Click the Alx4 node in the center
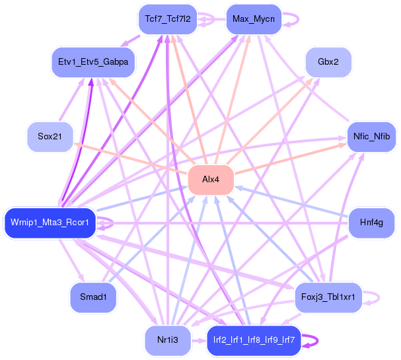tap(211, 180)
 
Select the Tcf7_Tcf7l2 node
tap(168, 19)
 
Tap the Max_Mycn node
tap(254, 19)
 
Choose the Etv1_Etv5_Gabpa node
tap(93, 62)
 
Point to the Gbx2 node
tap(328, 62)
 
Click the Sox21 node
tap(50, 137)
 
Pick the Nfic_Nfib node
tap(371, 137)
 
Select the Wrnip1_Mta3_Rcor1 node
tap(50, 223)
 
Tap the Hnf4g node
tap(371, 223)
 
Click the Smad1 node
tap(93, 297)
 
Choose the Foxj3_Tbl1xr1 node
tap(328, 297)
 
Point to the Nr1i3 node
tap(168, 340)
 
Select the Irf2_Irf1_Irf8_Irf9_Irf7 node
tap(254, 340)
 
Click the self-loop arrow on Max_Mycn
tap(298, 19)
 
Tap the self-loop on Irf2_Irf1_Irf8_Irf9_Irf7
tap(318, 340)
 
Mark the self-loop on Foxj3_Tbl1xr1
tap(379, 297)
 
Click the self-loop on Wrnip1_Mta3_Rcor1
tap(112, 223)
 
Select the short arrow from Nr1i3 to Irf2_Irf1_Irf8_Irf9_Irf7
tap(199, 341)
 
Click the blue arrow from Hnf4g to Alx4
tap(291, 202)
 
